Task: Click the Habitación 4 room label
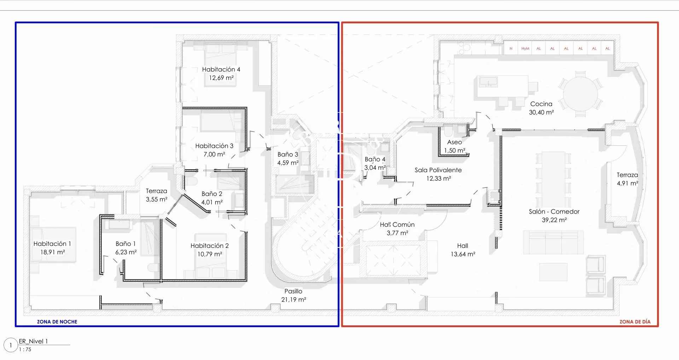click(221, 69)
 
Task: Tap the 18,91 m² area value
click(53, 252)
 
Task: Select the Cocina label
click(541, 104)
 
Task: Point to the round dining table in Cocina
click(580, 94)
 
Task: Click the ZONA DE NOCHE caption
click(57, 322)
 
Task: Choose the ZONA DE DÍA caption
click(635, 322)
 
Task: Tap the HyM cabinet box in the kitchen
click(525, 49)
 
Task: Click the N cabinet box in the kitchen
click(511, 49)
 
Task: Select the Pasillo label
click(293, 291)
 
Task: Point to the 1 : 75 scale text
click(25, 349)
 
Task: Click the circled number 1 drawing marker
click(11, 345)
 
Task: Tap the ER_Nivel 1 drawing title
click(33, 341)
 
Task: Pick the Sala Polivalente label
click(438, 170)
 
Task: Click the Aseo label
click(454, 142)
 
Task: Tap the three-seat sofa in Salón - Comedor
click(553, 242)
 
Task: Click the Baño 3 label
click(288, 155)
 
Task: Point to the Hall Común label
click(397, 225)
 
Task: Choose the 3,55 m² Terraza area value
click(157, 199)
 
